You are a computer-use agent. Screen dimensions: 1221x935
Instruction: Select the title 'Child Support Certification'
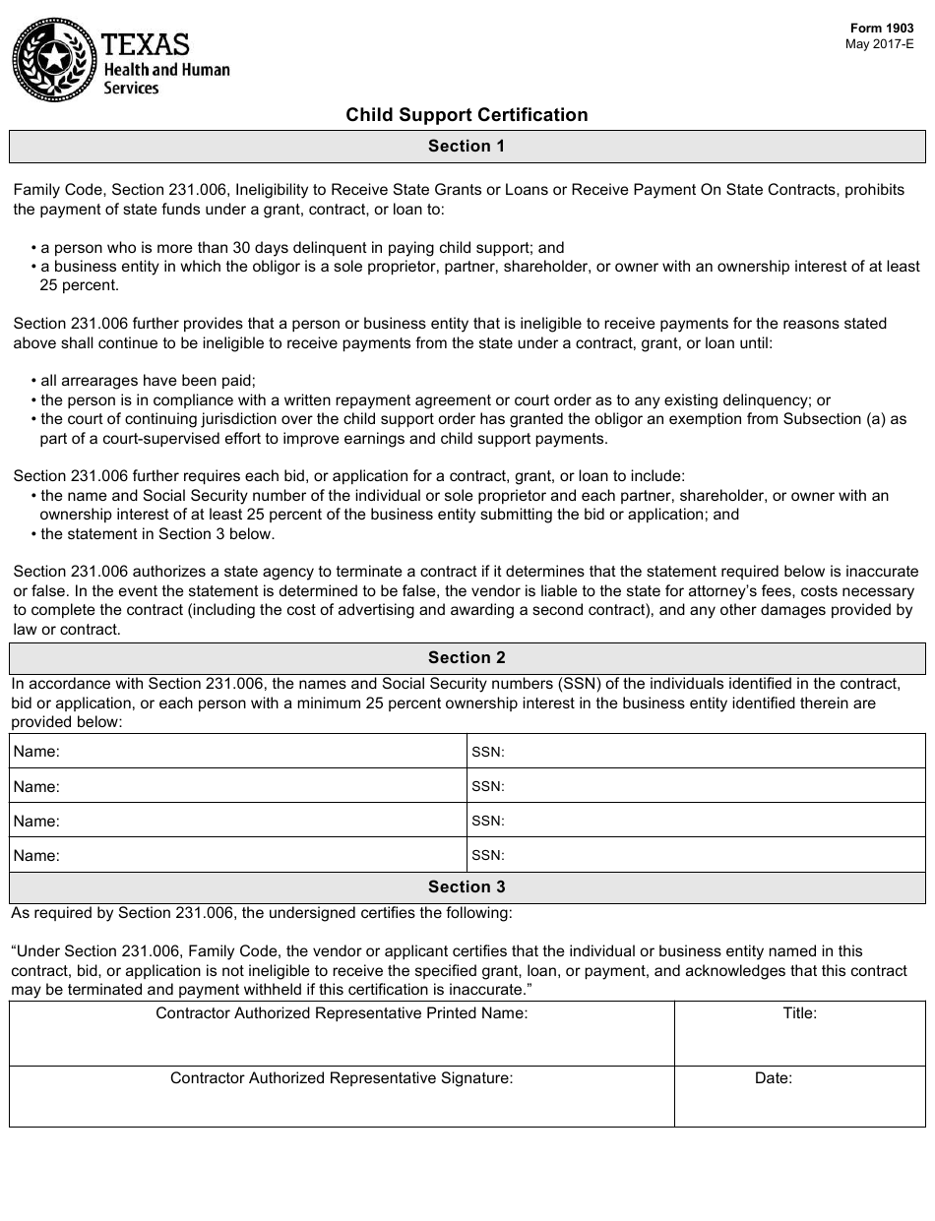pyautogui.click(x=467, y=115)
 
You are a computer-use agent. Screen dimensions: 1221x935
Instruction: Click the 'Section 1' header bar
pyautogui.click(x=467, y=147)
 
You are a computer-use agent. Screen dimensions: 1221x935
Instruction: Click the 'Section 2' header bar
pyautogui.click(x=467, y=658)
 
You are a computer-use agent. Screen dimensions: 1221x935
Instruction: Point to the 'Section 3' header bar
pyautogui.click(x=467, y=887)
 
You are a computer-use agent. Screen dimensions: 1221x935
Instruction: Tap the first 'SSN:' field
pyautogui.click(x=696, y=752)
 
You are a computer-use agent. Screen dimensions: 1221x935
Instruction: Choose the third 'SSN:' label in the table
pyautogui.click(x=488, y=821)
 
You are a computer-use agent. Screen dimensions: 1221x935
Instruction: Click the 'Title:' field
pyautogui.click(x=799, y=1034)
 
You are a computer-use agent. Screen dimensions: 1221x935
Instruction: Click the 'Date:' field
pyautogui.click(x=799, y=1097)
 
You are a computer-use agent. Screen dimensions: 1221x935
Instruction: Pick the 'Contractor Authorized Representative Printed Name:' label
pyautogui.click(x=342, y=1013)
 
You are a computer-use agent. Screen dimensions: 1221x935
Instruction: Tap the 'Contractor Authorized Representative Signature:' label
pyautogui.click(x=342, y=1078)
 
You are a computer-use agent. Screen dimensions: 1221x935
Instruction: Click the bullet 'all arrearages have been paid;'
pyautogui.click(x=148, y=381)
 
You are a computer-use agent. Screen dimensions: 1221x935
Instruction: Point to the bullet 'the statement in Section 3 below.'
pyautogui.click(x=157, y=534)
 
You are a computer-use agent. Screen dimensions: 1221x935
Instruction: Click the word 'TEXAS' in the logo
pyautogui.click(x=146, y=44)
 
